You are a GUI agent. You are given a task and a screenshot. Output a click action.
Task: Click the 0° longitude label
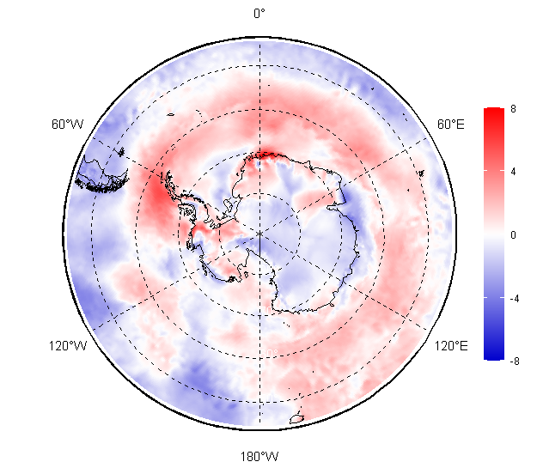point(259,14)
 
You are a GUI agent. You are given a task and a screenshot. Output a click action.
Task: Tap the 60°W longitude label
point(68,125)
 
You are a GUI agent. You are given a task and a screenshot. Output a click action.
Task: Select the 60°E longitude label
point(451,125)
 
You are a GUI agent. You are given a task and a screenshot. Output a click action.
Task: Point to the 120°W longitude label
point(68,346)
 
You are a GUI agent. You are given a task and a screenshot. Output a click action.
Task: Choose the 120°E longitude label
point(451,346)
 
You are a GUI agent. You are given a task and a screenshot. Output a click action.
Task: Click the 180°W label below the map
point(259,457)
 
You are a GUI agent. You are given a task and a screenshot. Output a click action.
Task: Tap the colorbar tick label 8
point(513,109)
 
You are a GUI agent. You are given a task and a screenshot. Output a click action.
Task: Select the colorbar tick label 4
point(513,172)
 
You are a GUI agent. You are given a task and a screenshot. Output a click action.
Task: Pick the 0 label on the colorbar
point(513,234)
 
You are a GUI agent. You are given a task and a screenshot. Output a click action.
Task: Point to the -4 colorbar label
point(515,299)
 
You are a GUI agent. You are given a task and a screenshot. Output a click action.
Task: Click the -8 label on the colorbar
point(515,361)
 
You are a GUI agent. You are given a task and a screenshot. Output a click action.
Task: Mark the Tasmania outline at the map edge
point(297,418)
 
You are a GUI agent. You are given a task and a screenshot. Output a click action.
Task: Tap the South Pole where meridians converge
point(259,234)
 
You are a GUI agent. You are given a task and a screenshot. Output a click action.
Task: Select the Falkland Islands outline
point(121,151)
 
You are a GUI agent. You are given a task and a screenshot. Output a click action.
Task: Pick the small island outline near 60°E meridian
point(422,173)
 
